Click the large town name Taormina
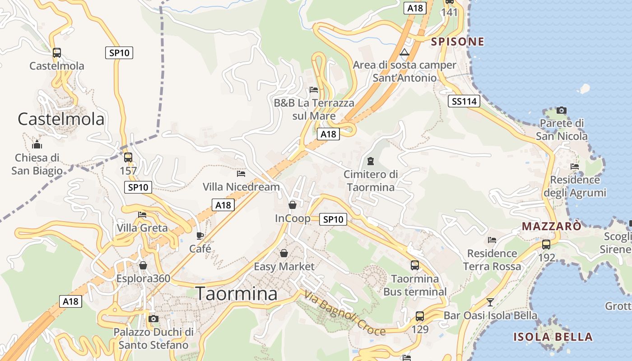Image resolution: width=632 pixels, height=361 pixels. [237, 293]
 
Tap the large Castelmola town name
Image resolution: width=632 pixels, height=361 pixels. [61, 119]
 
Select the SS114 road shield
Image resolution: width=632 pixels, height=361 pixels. [465, 101]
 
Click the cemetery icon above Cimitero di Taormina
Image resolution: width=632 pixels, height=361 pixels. [371, 161]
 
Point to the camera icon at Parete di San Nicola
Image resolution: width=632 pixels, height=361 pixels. [562, 110]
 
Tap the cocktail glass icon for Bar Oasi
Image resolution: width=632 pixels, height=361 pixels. [490, 302]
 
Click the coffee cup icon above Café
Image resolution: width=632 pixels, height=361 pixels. [200, 236]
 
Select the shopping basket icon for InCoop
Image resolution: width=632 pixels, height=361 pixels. [293, 205]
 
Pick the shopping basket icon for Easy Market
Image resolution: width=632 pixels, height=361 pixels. [284, 253]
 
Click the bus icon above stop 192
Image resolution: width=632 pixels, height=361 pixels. [546, 245]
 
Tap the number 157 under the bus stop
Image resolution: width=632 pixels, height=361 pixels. [128, 171]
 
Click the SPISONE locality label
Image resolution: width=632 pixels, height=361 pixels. [457, 42]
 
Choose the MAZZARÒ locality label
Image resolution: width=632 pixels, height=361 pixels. [552, 226]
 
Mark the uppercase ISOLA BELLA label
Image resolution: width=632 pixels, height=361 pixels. [553, 337]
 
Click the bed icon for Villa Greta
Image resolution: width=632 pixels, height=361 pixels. [143, 215]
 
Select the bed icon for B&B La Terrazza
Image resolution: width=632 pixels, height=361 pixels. [314, 90]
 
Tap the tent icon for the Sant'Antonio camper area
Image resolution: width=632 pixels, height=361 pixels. [404, 52]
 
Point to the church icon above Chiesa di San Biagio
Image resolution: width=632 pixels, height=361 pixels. [37, 145]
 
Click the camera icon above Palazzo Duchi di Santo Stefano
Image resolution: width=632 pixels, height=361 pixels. [153, 319]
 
